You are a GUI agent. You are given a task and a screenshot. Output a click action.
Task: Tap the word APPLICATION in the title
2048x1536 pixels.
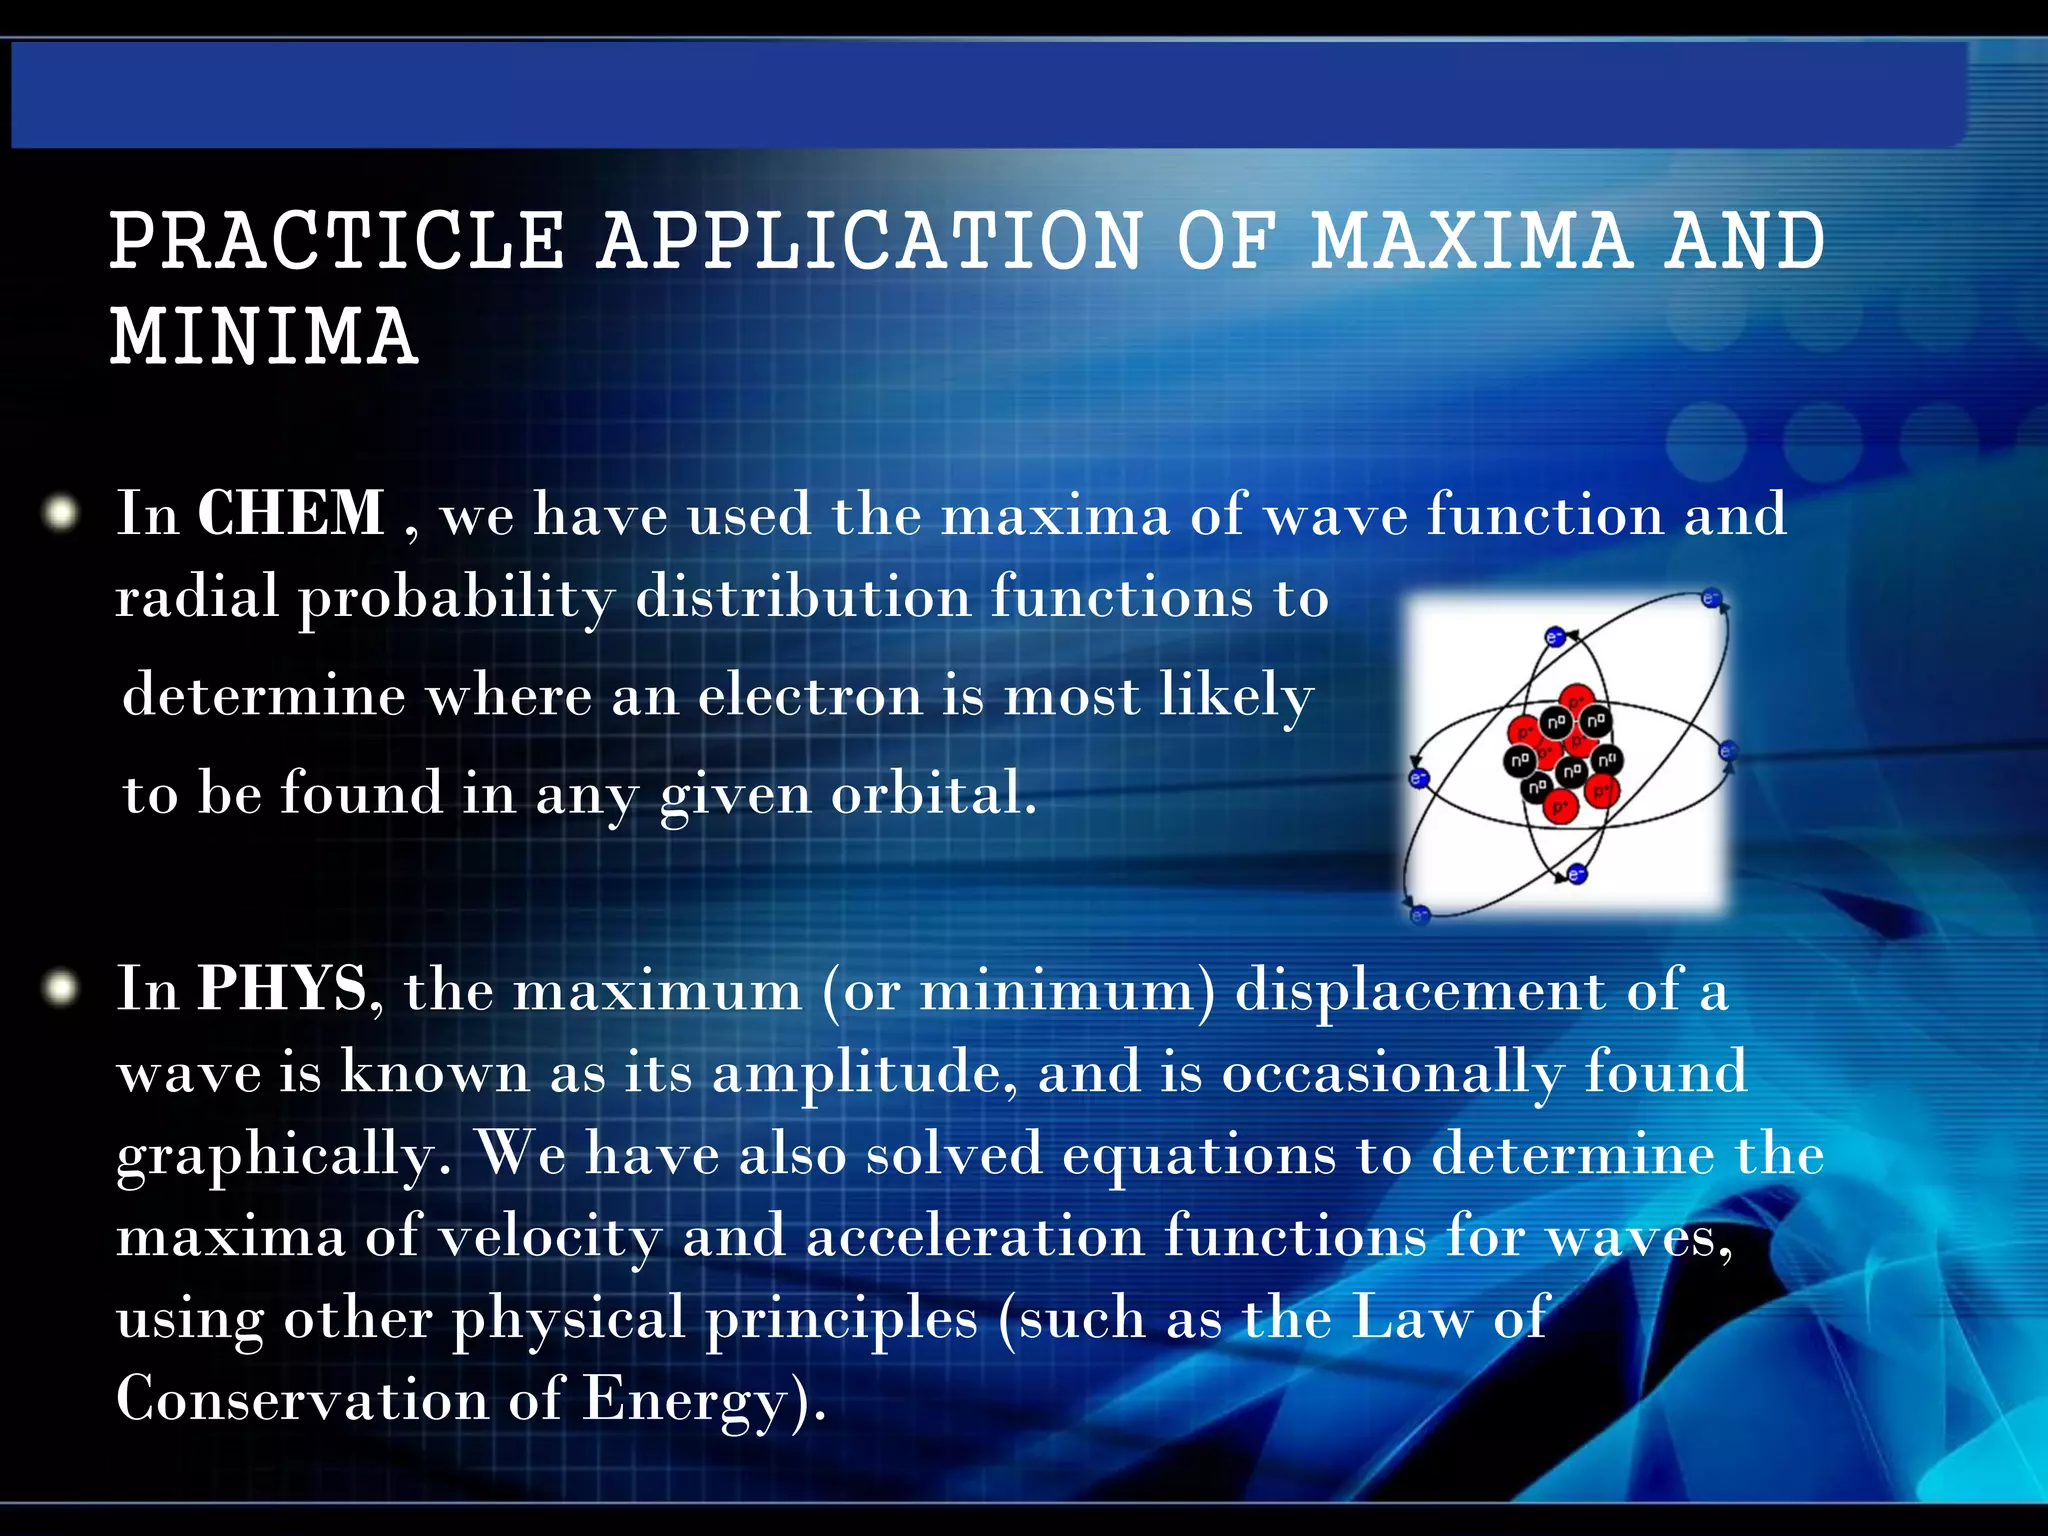(870, 241)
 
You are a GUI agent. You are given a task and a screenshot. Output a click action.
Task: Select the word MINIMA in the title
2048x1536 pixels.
(264, 337)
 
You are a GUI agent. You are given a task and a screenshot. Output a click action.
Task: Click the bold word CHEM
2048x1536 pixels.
(291, 514)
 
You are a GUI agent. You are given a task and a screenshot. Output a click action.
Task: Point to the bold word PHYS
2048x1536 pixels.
(283, 989)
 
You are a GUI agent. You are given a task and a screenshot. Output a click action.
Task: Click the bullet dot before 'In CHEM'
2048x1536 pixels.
(62, 514)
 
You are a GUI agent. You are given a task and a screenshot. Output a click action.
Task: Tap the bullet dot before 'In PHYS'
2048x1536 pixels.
(62, 989)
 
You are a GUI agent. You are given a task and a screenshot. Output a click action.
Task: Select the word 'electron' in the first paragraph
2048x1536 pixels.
(810, 695)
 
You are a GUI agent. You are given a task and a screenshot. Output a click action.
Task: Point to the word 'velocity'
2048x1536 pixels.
(550, 1238)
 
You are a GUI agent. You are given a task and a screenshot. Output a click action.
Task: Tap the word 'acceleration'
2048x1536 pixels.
(975, 1236)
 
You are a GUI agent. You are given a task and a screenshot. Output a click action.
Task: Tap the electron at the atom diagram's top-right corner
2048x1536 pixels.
(1711, 599)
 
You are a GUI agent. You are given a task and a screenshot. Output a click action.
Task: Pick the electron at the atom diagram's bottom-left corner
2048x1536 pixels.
(1419, 913)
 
